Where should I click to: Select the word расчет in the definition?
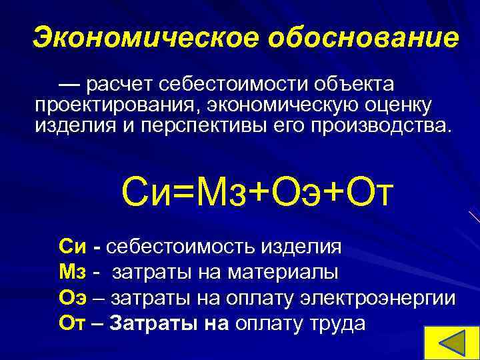(x=117, y=85)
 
